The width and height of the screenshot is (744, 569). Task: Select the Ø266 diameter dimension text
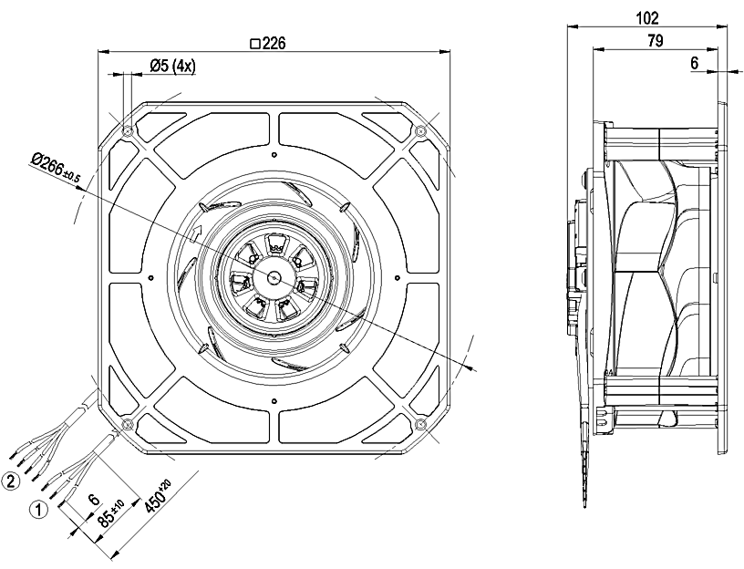pyautogui.click(x=55, y=166)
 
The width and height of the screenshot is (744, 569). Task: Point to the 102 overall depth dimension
pyautogui.click(x=649, y=17)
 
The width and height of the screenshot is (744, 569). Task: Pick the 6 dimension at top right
pyautogui.click(x=694, y=65)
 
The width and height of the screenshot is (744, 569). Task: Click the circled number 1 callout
pyautogui.click(x=39, y=512)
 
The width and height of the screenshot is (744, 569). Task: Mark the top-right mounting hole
pyautogui.click(x=420, y=132)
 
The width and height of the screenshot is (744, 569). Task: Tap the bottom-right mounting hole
pyautogui.click(x=420, y=425)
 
